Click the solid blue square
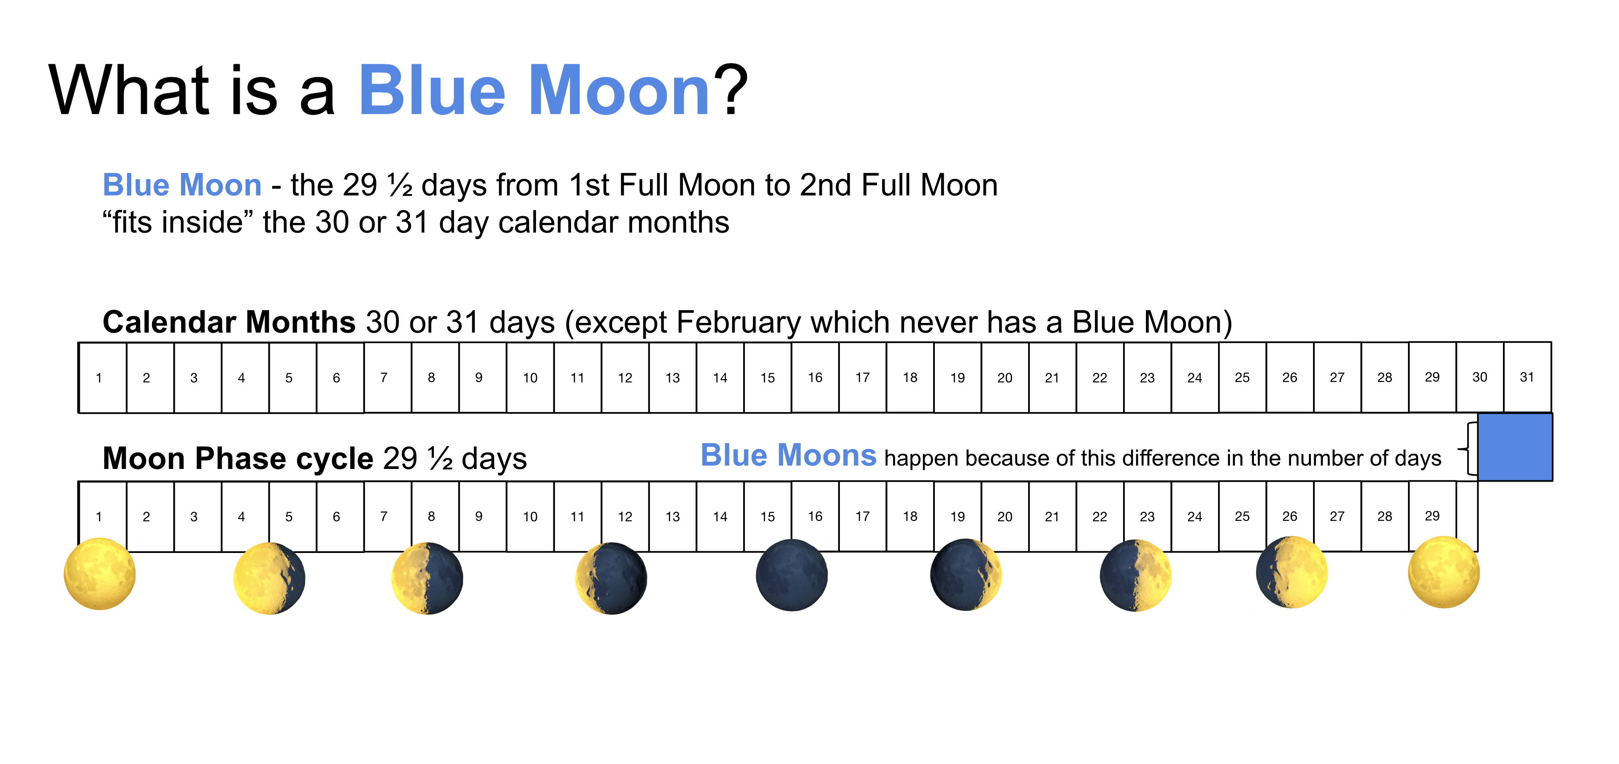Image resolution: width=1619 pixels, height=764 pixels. point(1515,447)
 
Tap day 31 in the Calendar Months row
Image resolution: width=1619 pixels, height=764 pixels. point(1527,377)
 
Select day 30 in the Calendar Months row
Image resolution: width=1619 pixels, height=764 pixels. point(1480,377)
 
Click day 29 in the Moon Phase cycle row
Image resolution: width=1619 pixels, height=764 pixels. point(1432,516)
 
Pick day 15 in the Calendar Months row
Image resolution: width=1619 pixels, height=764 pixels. point(767,377)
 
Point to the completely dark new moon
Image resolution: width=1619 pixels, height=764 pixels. point(791,575)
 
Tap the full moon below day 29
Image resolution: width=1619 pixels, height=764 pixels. point(1444,572)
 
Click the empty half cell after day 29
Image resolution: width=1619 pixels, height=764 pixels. point(1467,516)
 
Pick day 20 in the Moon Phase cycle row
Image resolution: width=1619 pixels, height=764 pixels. point(1005,516)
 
